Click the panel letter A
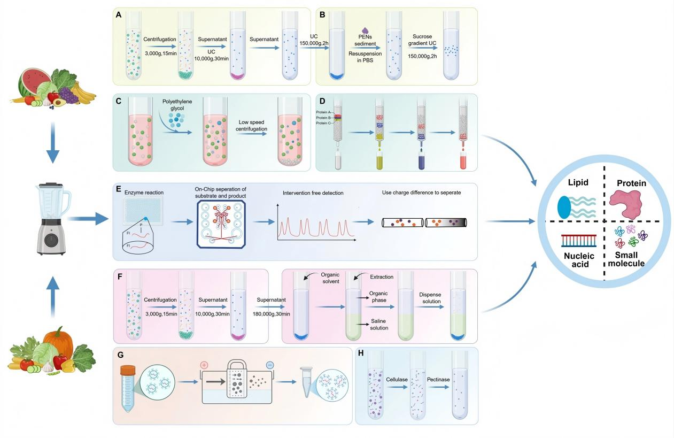[x=119, y=16]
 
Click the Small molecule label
[x=630, y=259]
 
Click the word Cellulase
[x=397, y=379]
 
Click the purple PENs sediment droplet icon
[x=366, y=32]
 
